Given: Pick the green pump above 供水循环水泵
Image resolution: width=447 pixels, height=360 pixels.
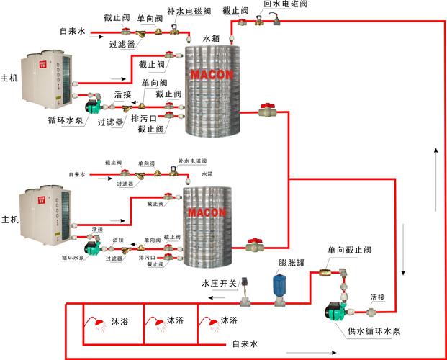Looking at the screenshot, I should [x=338, y=311].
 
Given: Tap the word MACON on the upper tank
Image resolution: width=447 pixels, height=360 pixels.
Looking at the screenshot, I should [x=209, y=74].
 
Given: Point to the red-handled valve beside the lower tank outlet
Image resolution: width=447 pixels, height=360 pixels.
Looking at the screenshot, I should [x=255, y=245].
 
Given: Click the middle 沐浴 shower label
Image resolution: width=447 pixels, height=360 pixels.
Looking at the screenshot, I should [x=175, y=320].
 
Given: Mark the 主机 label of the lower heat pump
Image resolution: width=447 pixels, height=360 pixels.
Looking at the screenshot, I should [x=9, y=219].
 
